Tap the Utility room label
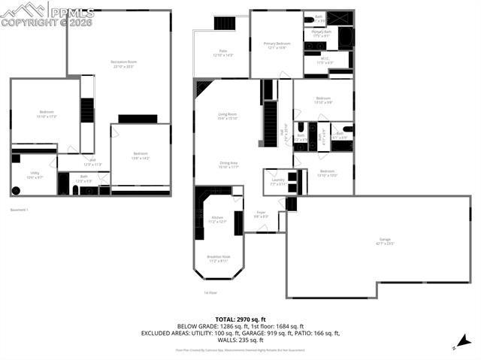(35, 174)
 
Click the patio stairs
(224, 23)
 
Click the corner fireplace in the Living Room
(201, 88)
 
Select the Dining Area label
(228, 165)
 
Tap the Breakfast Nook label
(218, 259)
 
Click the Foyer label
(261, 214)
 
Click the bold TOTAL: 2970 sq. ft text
(240, 319)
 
